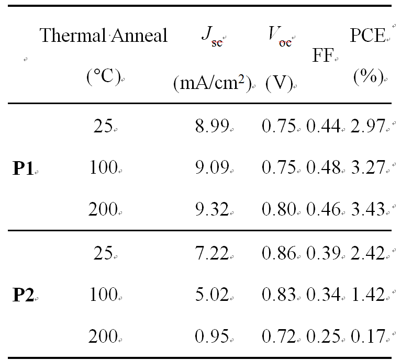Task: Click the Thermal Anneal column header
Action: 104,36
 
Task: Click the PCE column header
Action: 367,36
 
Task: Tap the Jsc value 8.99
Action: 211,126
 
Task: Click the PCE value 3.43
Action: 367,209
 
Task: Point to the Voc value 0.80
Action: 280,209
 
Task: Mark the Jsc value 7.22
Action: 211,253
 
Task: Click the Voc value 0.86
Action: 280,253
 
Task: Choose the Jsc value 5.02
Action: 211,295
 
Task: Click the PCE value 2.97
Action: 367,126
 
